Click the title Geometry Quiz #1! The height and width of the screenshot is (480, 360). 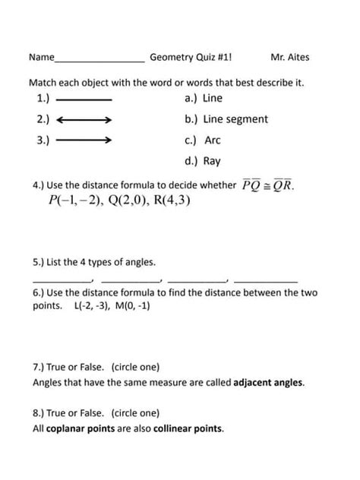point(191,57)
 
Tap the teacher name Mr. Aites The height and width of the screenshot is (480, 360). point(289,57)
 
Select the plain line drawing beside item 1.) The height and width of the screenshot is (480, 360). point(84,99)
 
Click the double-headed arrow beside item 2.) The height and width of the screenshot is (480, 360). point(84,120)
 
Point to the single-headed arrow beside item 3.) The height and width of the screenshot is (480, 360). point(84,141)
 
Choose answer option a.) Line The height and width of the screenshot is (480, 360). point(204,98)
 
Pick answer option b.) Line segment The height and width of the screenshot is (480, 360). point(226,119)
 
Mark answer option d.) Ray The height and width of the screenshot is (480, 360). point(202,161)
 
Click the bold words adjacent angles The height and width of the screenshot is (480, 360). point(269,383)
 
